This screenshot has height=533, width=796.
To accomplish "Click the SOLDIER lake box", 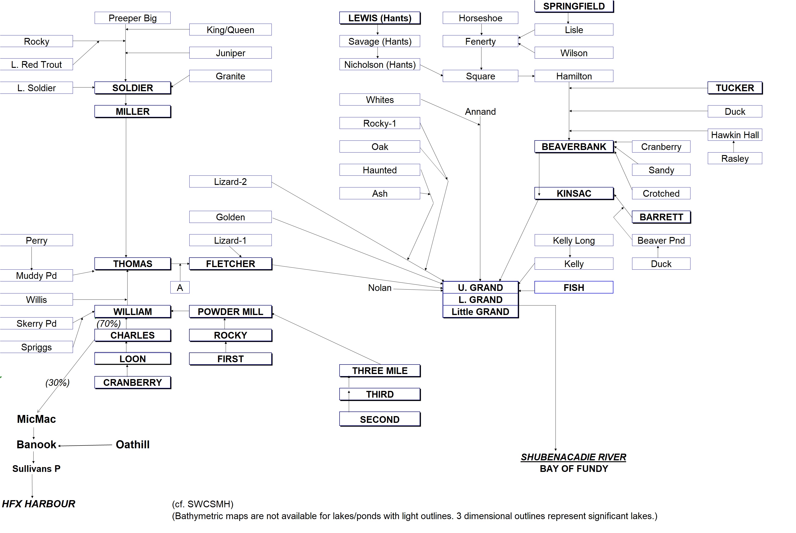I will (133, 88).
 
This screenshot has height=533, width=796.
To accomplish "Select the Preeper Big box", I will (133, 18).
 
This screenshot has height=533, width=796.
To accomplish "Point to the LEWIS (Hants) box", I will (380, 18).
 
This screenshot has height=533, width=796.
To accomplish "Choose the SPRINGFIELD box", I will (574, 6).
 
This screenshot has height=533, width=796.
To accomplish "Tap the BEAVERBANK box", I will (574, 146).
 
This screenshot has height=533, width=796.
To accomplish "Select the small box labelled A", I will (180, 288).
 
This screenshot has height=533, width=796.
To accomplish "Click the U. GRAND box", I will (480, 288).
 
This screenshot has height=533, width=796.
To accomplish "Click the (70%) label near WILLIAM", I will (108, 323).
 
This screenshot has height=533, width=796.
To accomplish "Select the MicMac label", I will (36, 419).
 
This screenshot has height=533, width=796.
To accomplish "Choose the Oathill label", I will (133, 445).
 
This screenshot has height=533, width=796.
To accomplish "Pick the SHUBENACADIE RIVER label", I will (573, 457).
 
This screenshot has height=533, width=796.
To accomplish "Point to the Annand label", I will (480, 112).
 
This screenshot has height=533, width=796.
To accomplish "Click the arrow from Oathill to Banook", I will (85, 445).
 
